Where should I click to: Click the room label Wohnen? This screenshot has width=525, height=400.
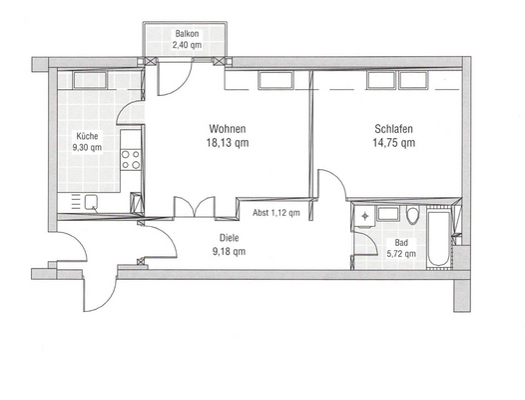[228, 129]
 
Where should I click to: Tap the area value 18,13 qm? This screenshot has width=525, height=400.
[228, 143]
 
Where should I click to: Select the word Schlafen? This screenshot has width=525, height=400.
[394, 129]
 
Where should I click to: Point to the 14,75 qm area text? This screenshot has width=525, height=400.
[394, 143]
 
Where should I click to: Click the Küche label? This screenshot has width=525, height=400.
[86, 136]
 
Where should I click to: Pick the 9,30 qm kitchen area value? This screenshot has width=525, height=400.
[87, 148]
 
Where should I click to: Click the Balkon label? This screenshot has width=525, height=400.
[187, 33]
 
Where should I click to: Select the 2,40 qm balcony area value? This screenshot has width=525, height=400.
[187, 45]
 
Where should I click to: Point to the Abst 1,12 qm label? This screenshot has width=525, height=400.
[275, 213]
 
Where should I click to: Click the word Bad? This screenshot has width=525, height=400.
[401, 243]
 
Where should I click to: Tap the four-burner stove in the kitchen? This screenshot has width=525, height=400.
[130, 155]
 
